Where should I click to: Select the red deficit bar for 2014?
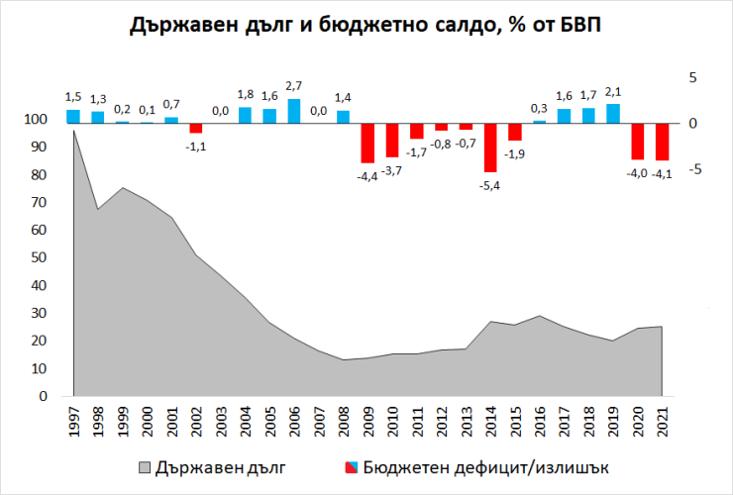coord(489,148)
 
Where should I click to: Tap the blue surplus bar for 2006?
coord(293,111)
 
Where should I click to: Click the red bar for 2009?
coord(366,143)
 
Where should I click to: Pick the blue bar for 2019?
coord(613,114)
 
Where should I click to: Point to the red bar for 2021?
coord(662,142)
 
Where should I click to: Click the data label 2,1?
coord(613,93)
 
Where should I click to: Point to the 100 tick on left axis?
coord(34,120)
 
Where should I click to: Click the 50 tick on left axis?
coord(38,257)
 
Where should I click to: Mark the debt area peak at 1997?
coord(74,132)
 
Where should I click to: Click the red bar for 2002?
coord(195,128)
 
